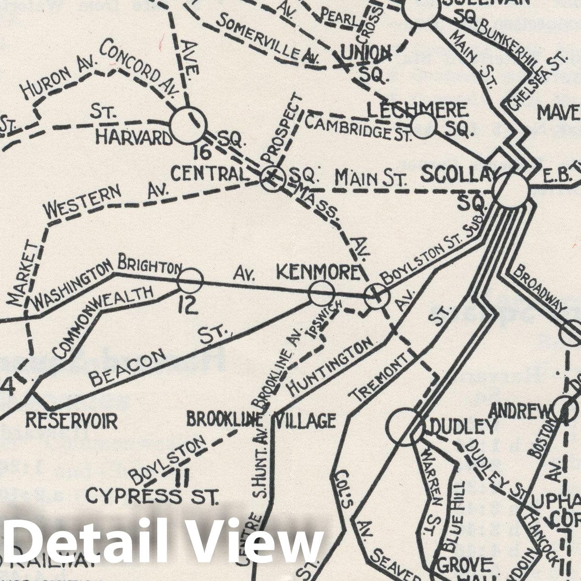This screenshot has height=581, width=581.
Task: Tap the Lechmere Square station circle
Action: point(423,126)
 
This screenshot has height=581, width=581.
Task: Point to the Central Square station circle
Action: point(273,178)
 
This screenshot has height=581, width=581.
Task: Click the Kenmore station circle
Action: point(322,293)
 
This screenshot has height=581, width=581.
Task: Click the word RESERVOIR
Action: point(71,420)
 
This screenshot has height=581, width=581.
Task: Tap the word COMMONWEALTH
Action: point(103,321)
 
